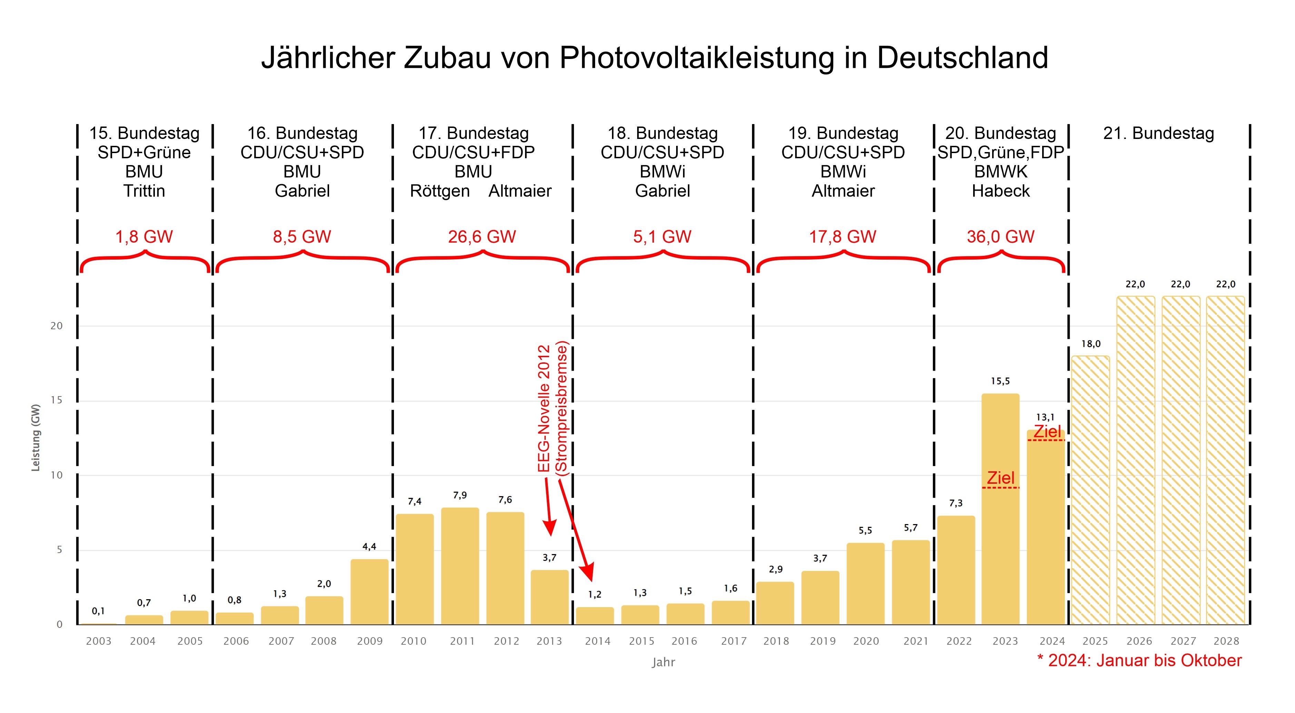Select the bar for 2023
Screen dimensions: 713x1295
click(1000, 553)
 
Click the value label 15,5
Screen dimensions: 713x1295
click(1000, 381)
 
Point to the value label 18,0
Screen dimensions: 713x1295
click(1091, 344)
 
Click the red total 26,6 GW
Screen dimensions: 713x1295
click(482, 237)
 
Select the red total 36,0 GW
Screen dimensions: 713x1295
click(1000, 237)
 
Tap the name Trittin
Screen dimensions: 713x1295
click(144, 191)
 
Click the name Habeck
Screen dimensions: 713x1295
click(1000, 191)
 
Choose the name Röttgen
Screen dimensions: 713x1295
click(440, 191)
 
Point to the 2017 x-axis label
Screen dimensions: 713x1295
click(733, 641)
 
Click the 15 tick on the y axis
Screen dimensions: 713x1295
click(56, 401)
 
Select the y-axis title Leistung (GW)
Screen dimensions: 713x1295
click(35, 438)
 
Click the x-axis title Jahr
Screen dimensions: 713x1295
click(663, 662)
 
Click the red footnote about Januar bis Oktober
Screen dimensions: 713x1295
click(1140, 660)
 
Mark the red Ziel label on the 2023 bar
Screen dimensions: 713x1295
click(1000, 478)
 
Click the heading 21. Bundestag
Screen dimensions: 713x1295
click(1159, 133)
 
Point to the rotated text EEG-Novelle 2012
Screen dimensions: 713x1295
click(544, 408)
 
